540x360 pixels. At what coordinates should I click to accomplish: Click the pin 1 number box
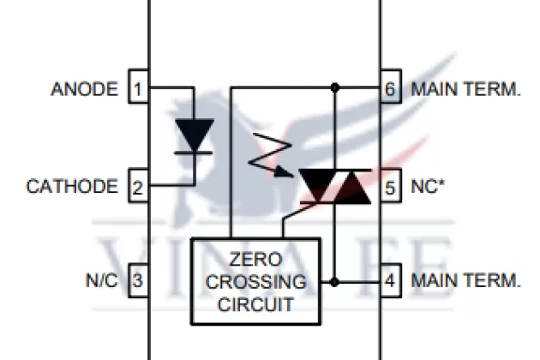pyautogui.click(x=138, y=88)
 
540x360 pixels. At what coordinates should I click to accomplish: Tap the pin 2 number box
pyautogui.click(x=138, y=186)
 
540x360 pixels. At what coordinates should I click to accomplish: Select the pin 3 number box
pyautogui.click(x=138, y=280)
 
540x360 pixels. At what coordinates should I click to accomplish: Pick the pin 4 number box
pyautogui.click(x=391, y=280)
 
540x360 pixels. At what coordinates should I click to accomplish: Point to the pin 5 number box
pyautogui.click(x=391, y=186)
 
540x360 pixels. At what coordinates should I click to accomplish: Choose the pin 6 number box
pyautogui.click(x=391, y=88)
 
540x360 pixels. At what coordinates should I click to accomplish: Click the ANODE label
pyautogui.click(x=85, y=89)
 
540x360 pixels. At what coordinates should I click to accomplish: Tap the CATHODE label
pyautogui.click(x=71, y=186)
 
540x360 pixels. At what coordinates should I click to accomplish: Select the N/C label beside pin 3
pyautogui.click(x=100, y=280)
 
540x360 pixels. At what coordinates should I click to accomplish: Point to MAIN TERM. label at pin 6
pyautogui.click(x=465, y=89)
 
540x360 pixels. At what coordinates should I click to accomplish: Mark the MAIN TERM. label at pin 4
pyautogui.click(x=465, y=280)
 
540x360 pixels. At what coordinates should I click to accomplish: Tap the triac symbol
pyautogui.click(x=334, y=187)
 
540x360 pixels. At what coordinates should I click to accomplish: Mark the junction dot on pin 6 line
pyautogui.click(x=334, y=87)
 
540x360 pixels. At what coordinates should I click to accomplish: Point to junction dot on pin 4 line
pyautogui.click(x=334, y=280)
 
